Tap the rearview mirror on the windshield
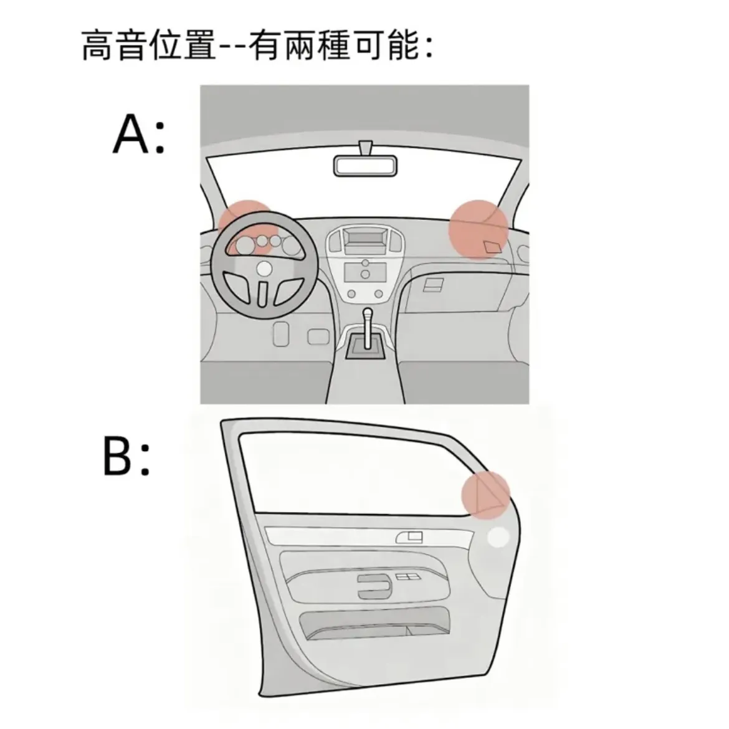[365, 165]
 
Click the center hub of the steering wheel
[265, 269]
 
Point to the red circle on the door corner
[485, 494]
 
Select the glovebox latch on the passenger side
[432, 285]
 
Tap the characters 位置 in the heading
[182, 46]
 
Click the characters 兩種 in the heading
[317, 46]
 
